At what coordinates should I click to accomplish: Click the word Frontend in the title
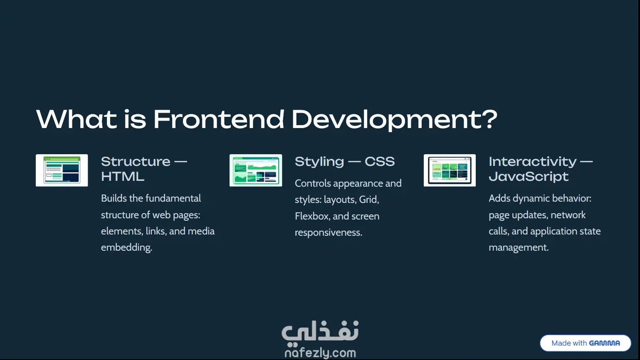pyautogui.click(x=219, y=119)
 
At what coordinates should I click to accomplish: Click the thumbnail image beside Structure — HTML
pyautogui.click(x=62, y=170)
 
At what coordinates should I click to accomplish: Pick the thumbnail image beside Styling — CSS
pyautogui.click(x=256, y=170)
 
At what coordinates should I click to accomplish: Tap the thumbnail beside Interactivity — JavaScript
pyautogui.click(x=450, y=170)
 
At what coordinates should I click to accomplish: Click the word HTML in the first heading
pyautogui.click(x=123, y=177)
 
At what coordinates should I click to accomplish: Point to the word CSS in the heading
pyautogui.click(x=380, y=162)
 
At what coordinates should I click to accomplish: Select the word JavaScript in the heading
pyautogui.click(x=529, y=177)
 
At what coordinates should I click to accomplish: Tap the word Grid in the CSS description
pyautogui.click(x=369, y=200)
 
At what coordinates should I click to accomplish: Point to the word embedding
pyautogui.click(x=126, y=247)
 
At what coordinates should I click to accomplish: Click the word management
pyautogui.click(x=519, y=247)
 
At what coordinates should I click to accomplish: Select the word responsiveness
pyautogui.click(x=329, y=232)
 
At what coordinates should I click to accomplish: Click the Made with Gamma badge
pyautogui.click(x=586, y=343)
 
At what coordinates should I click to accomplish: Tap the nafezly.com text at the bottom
pyautogui.click(x=320, y=353)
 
